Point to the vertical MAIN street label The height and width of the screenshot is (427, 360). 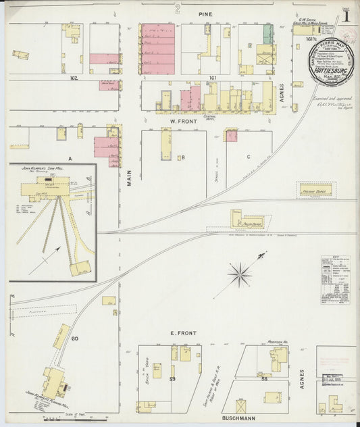(128, 178)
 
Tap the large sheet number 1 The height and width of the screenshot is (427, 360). (345, 14)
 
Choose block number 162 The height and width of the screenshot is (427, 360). (73, 78)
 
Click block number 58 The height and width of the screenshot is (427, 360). (263, 380)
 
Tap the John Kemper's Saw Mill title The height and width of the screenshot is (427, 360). (51, 170)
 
